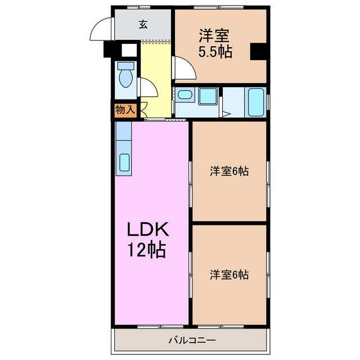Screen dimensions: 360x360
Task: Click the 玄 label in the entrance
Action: pyautogui.click(x=143, y=24)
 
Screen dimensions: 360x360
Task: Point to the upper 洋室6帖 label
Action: pyautogui.click(x=229, y=171)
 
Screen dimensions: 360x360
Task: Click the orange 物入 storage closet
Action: pyautogui.click(x=125, y=110)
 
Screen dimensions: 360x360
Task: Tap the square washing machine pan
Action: pyautogui.click(x=208, y=96)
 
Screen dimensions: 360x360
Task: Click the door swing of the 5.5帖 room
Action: pyautogui.click(x=184, y=68)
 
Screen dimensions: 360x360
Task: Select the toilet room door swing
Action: pyautogui.click(x=148, y=89)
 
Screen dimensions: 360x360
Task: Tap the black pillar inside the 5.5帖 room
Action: pyautogui.click(x=258, y=52)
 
